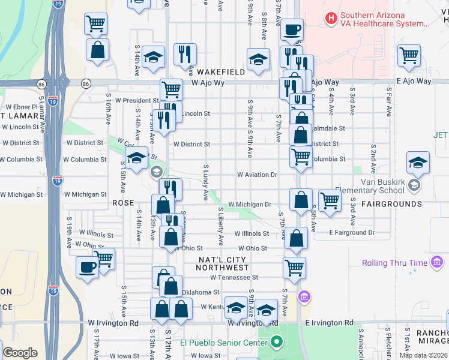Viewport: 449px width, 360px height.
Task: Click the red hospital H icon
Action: [x=330, y=18]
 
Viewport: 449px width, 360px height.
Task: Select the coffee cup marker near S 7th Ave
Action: [x=292, y=29]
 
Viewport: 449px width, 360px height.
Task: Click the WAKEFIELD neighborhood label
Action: [x=221, y=72]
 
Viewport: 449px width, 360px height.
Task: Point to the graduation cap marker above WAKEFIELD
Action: [x=258, y=60]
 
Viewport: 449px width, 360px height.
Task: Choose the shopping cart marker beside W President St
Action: [x=171, y=91]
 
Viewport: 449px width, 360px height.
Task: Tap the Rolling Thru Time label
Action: [x=394, y=263]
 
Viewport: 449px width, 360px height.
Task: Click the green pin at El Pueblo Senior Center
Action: [x=276, y=343]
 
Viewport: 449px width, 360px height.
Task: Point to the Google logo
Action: [x=20, y=353]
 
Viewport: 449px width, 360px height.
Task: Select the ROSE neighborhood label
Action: [x=123, y=203]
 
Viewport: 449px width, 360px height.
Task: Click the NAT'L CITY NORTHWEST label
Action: [x=224, y=263]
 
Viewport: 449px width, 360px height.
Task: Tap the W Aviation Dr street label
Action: [x=257, y=175]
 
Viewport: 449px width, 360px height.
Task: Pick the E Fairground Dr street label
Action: [x=351, y=232]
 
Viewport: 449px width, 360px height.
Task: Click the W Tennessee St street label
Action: [x=234, y=277]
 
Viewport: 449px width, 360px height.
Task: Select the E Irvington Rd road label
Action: [x=329, y=323]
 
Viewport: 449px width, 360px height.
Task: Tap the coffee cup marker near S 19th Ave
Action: [x=87, y=268]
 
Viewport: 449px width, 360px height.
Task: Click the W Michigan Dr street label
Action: [x=250, y=205]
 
